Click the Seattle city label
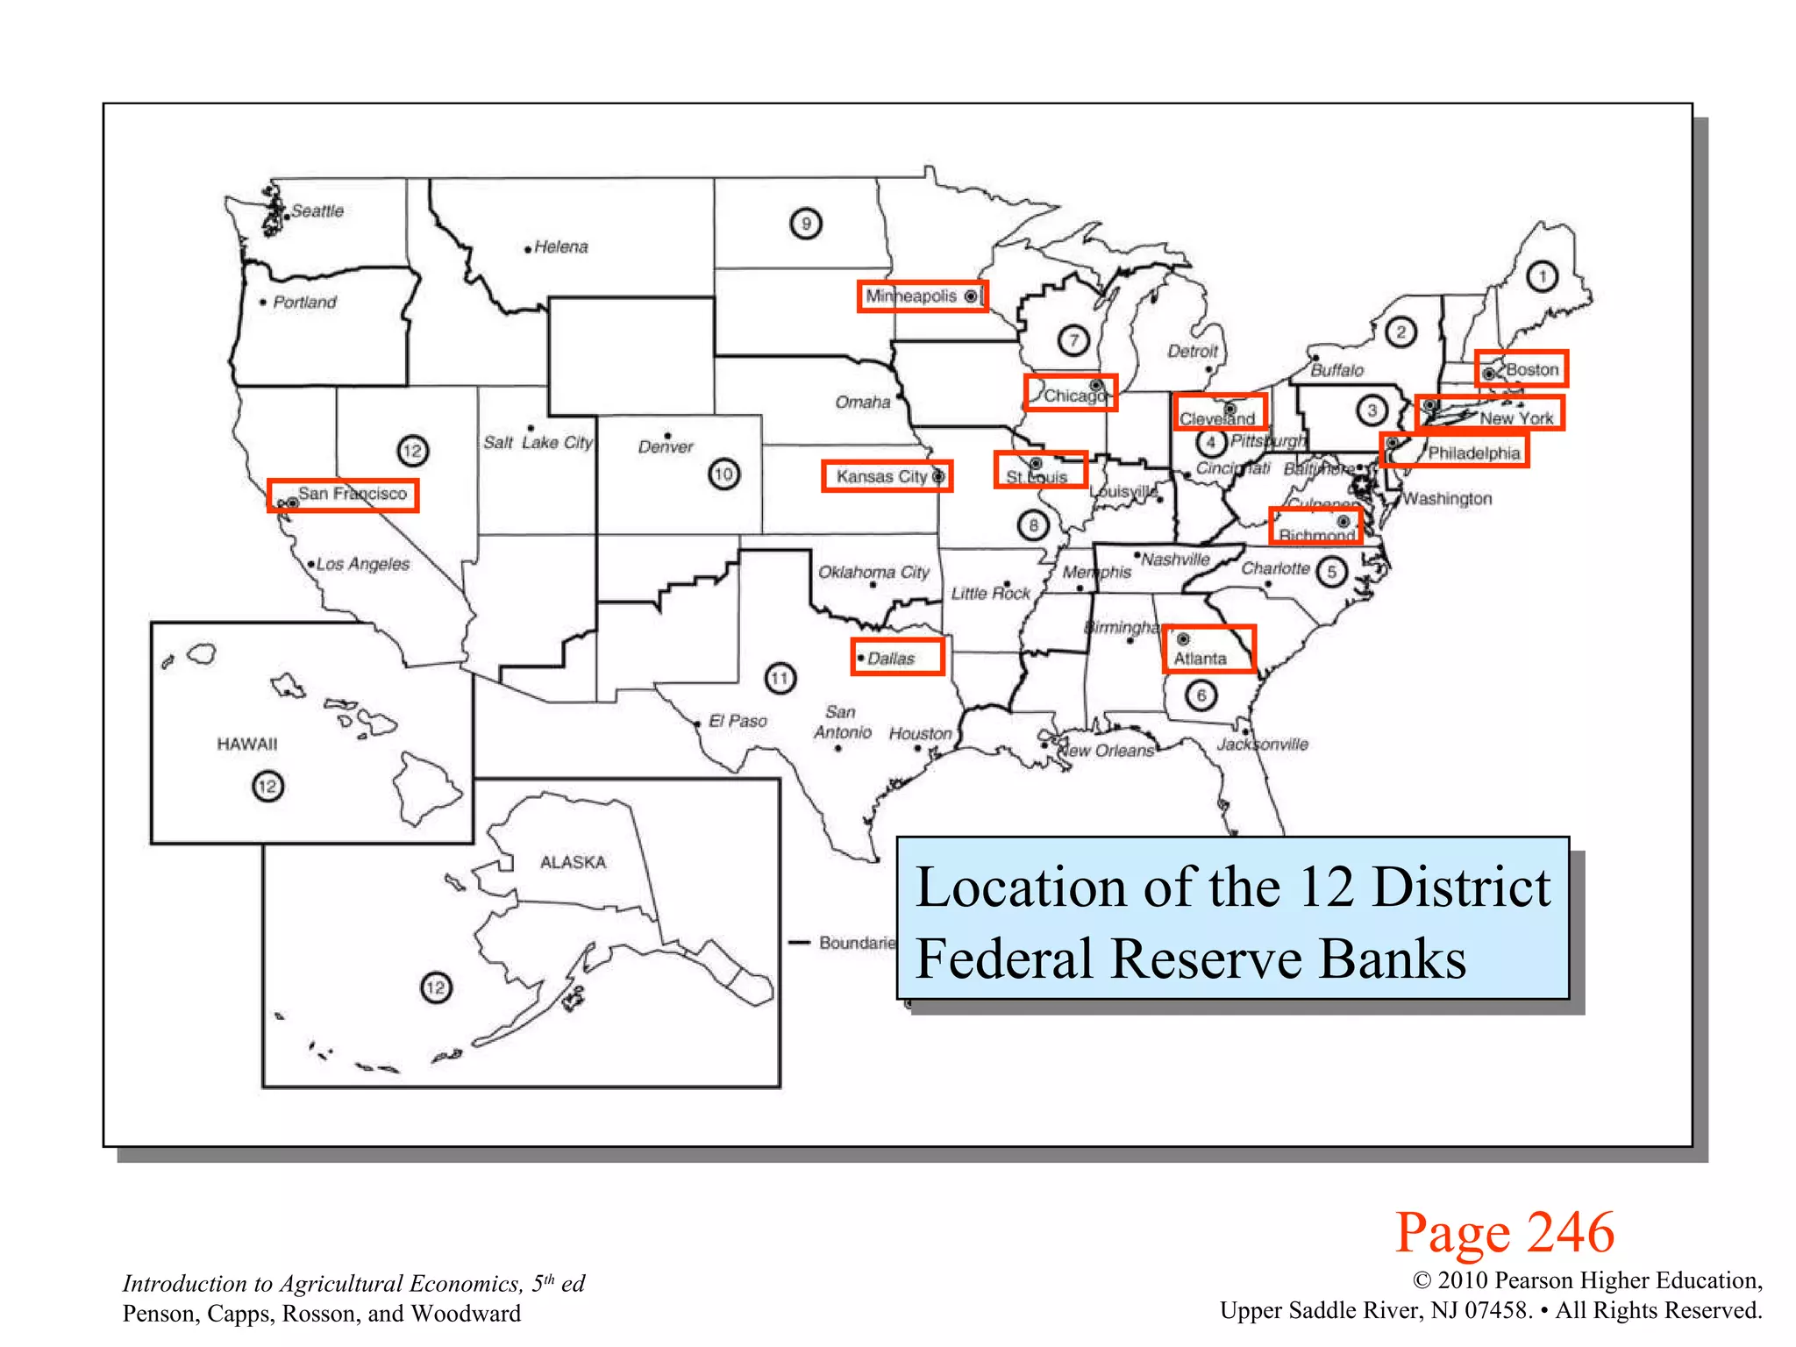click(317, 211)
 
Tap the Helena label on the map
click(560, 247)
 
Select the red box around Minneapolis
click(922, 296)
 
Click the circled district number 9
click(805, 224)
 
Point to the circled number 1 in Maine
click(1542, 277)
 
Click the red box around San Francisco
click(343, 495)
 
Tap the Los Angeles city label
click(362, 564)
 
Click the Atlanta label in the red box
click(1201, 659)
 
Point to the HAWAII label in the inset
click(246, 744)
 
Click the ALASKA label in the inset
click(573, 862)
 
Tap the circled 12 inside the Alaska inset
click(436, 988)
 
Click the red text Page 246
click(1504, 1232)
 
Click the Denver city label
click(665, 447)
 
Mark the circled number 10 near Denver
click(723, 474)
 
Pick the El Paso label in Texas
click(738, 721)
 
